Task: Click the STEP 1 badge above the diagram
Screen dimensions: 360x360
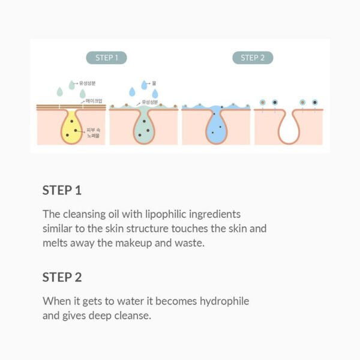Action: coord(111,58)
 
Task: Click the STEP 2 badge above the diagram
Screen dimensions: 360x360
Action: coord(253,58)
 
